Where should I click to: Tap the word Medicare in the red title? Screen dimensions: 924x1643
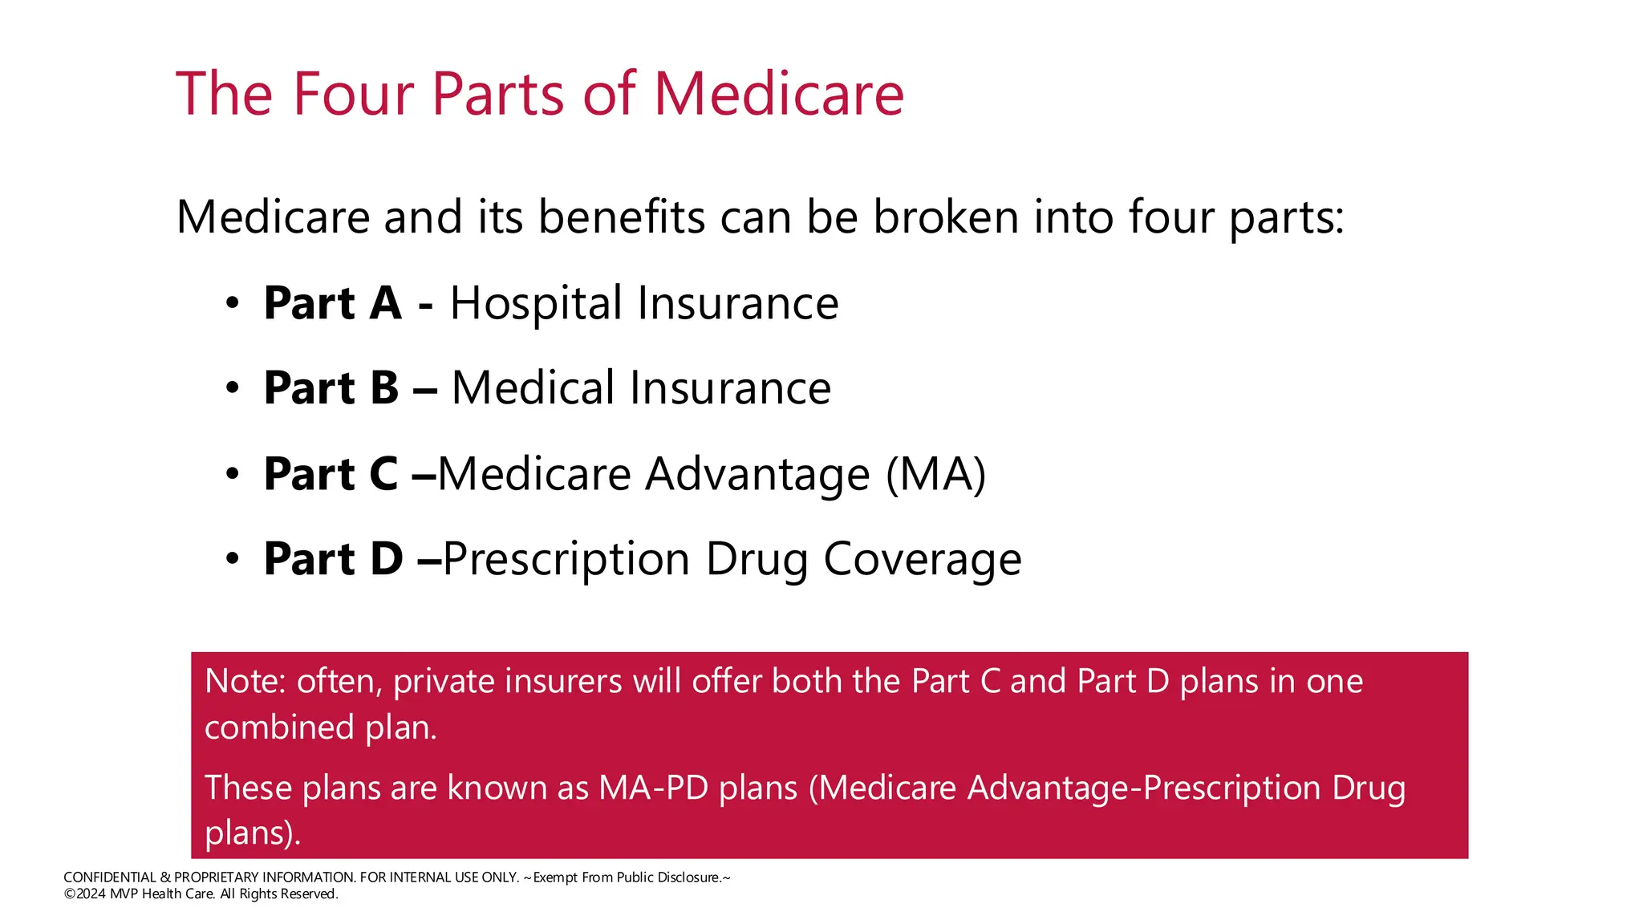(778, 94)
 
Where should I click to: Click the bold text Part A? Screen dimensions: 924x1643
(332, 303)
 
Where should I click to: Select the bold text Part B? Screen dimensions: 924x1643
(331, 388)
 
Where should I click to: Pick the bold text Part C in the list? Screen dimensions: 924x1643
(331, 474)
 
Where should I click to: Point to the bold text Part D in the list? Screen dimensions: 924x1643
(333, 559)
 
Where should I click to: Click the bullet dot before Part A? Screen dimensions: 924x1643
(233, 304)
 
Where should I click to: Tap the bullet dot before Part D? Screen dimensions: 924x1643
(233, 559)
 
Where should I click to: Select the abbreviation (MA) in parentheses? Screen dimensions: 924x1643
(935, 474)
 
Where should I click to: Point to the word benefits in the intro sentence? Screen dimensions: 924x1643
(621, 217)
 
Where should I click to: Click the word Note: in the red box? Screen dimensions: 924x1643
(245, 681)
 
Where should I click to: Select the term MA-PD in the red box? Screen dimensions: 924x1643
(653, 788)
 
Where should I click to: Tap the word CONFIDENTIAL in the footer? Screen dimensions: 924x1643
(110, 877)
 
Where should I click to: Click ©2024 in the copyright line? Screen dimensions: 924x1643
(85, 894)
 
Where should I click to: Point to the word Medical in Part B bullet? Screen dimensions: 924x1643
(533, 388)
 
